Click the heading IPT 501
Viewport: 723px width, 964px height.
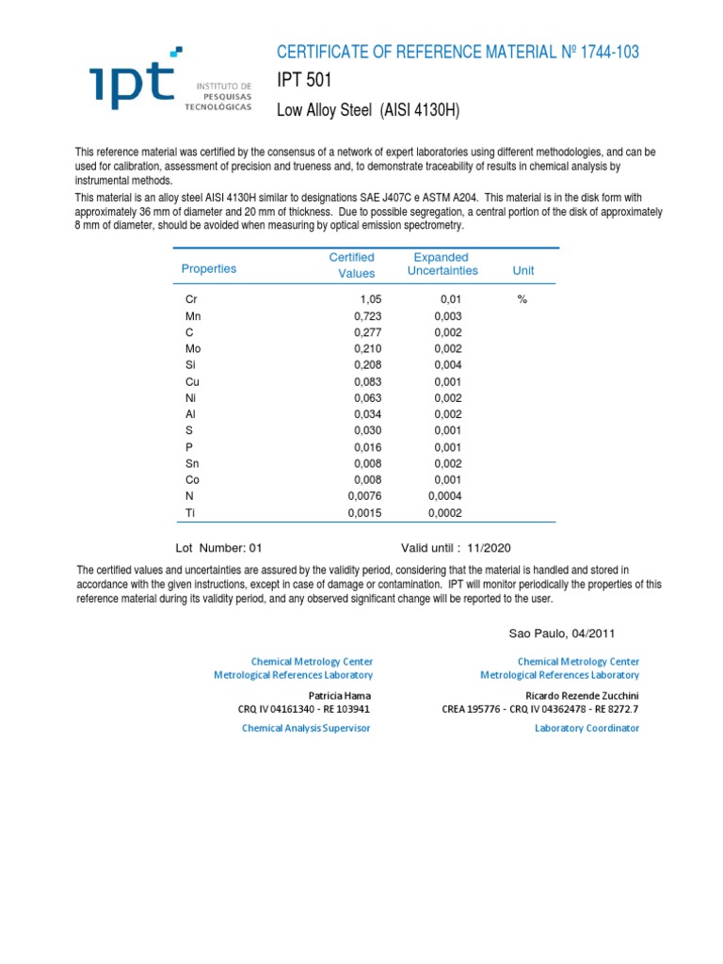[304, 81]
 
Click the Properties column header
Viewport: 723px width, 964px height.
[209, 269]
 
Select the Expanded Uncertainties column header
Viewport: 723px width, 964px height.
[442, 264]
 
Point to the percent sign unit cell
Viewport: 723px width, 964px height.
[522, 298]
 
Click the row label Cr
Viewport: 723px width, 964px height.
[192, 299]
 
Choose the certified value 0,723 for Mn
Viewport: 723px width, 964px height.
[359, 316]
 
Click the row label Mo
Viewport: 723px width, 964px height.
[193, 348]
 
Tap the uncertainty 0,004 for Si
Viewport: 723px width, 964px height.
[448, 365]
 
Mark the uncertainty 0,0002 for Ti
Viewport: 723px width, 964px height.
[445, 513]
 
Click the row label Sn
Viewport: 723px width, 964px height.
[193, 463]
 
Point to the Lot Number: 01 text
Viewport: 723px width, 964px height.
[222, 548]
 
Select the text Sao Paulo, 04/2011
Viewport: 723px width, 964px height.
[561, 634]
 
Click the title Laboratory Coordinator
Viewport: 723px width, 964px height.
[587, 728]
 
